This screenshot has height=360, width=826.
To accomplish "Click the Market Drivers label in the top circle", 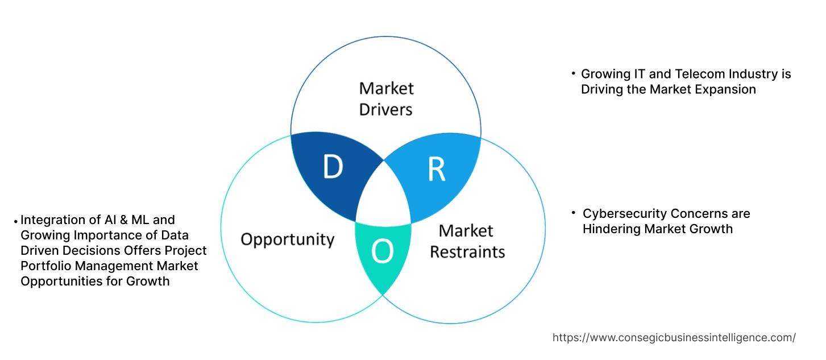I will coord(386,98).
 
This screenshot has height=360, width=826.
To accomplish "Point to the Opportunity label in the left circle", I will coord(287,239).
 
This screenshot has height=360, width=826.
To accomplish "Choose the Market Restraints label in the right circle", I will coord(467,241).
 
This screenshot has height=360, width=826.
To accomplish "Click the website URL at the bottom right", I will coord(674,337).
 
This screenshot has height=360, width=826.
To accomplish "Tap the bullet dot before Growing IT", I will coord(573,73).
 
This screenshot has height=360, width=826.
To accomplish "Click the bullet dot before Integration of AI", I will coord(16,220).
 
